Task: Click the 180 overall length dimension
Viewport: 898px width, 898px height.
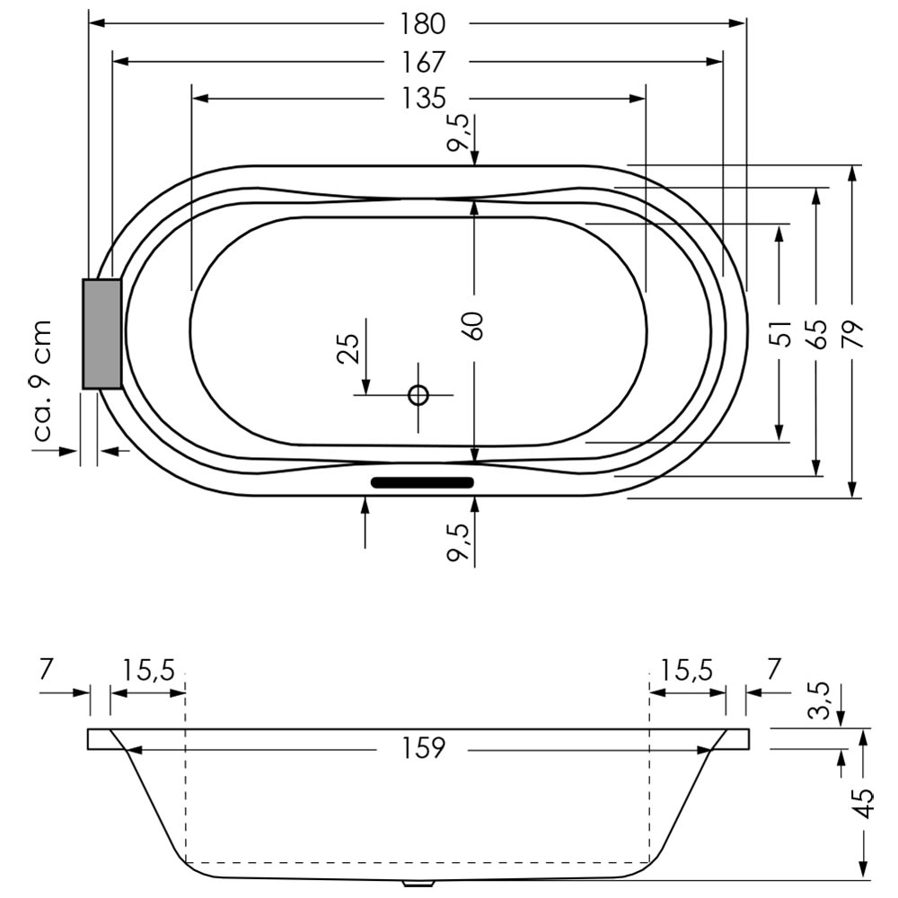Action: tap(423, 23)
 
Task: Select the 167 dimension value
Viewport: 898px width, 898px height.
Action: tap(423, 63)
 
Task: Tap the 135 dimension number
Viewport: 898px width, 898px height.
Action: tap(423, 98)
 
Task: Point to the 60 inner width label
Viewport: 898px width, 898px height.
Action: tap(474, 325)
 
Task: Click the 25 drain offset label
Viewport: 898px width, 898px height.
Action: tap(348, 348)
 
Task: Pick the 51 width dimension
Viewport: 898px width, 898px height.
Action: tap(781, 333)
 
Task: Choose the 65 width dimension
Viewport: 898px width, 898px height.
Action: tap(817, 334)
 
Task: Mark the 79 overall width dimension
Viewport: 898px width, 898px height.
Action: tap(853, 334)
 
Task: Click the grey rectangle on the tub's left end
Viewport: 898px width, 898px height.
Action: tap(102, 334)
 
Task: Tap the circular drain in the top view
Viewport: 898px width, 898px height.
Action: tap(418, 395)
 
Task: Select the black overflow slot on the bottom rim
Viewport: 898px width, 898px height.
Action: tap(423, 482)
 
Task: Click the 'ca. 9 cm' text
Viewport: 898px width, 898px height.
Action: tap(42, 380)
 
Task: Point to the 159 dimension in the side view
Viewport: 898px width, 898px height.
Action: tap(423, 748)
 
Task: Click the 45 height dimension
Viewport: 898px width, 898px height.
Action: tap(863, 804)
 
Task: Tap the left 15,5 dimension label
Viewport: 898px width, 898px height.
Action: tap(149, 670)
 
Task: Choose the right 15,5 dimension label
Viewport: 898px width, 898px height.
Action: tap(687, 670)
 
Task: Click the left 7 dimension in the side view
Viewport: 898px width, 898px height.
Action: tap(48, 668)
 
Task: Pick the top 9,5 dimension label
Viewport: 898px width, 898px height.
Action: tap(458, 133)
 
